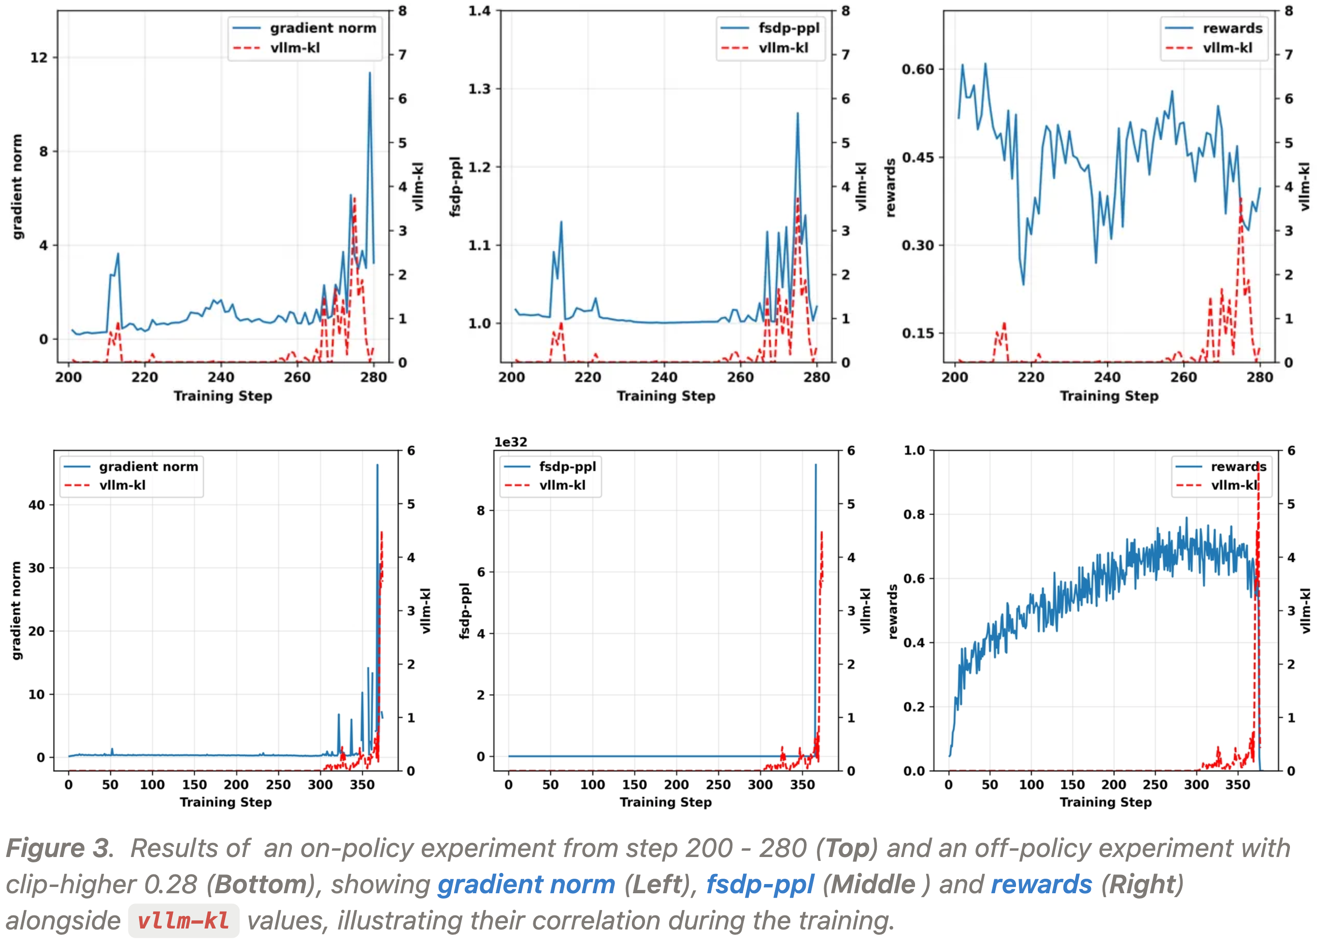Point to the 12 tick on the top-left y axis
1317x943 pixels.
click(39, 57)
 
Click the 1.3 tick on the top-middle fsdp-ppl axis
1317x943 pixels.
click(479, 89)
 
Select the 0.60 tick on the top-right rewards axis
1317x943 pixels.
click(917, 69)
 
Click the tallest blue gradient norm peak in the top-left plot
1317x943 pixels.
click(370, 73)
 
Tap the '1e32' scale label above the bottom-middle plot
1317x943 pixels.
click(511, 442)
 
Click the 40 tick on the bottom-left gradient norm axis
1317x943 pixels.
click(37, 505)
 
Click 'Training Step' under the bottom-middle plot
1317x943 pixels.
click(665, 802)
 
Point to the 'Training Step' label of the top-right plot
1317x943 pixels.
click(1109, 396)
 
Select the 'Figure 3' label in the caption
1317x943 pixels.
click(57, 848)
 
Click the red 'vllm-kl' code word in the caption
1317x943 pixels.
click(184, 921)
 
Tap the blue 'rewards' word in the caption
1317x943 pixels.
click(1041, 885)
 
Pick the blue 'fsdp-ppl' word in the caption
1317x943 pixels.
click(759, 885)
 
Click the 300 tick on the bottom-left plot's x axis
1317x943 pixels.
click(320, 785)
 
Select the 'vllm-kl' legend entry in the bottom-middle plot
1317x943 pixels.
click(562, 485)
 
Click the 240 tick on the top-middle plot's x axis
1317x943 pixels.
click(664, 377)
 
